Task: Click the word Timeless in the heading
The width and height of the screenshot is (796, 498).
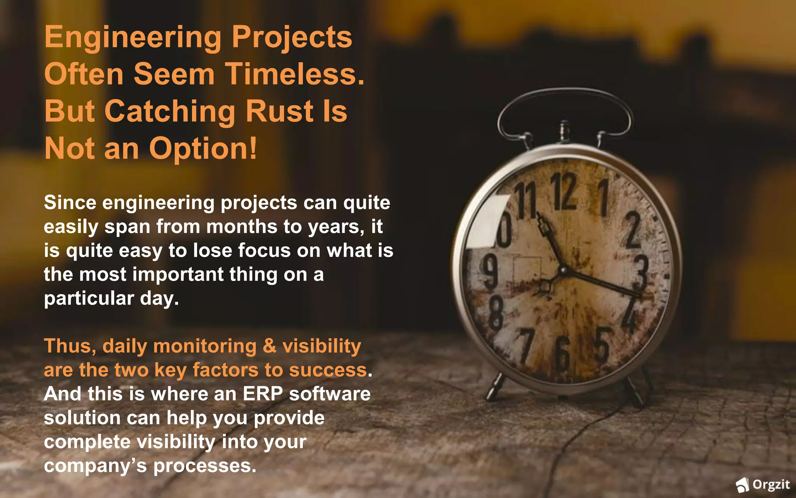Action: (295, 74)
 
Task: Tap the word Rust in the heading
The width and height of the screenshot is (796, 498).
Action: (279, 111)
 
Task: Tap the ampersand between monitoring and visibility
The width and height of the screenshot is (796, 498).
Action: (269, 346)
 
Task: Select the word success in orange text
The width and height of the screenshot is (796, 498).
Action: (328, 370)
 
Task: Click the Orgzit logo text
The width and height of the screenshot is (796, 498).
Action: (771, 485)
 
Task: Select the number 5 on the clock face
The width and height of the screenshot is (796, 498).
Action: (602, 343)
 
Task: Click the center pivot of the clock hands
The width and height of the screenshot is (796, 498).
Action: (562, 270)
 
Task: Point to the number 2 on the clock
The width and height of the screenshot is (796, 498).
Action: (633, 230)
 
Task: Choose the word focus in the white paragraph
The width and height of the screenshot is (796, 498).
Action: (264, 251)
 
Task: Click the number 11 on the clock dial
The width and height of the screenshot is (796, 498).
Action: (526, 202)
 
